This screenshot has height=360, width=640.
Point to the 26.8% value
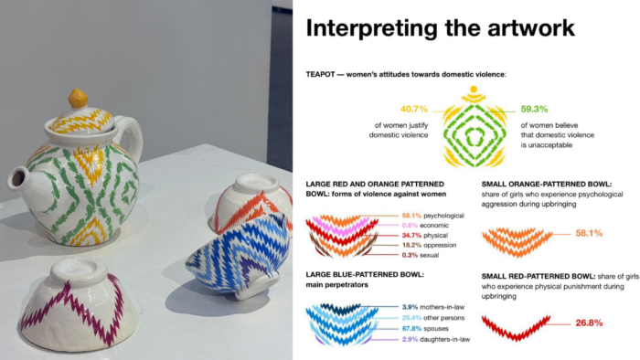click(x=564, y=323)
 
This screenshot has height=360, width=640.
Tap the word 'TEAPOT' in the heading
click(x=325, y=73)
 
